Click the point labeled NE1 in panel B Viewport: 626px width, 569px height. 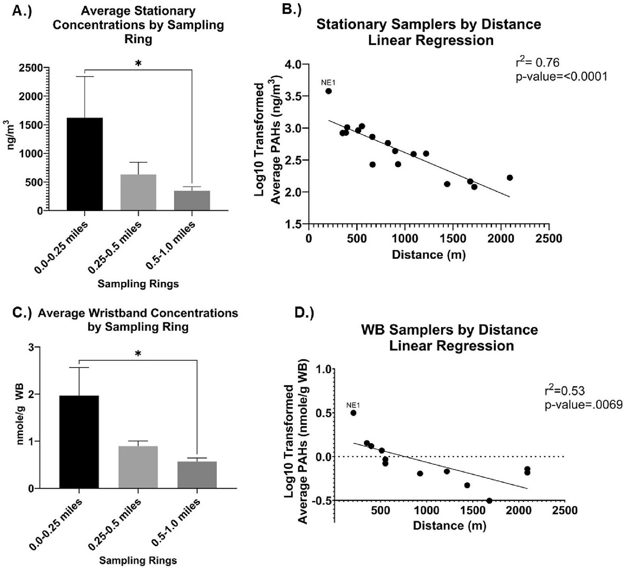point(328,91)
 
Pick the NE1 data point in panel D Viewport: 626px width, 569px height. point(353,413)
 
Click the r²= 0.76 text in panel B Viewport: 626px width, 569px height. point(537,63)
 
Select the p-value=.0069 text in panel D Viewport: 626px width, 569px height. point(583,405)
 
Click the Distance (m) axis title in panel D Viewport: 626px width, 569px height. point(449,525)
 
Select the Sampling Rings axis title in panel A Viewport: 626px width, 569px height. point(138,284)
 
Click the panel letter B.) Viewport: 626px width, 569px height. point(292,10)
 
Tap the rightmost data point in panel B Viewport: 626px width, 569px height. point(510,178)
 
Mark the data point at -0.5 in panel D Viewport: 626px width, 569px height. point(489,501)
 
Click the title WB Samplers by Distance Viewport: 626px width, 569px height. point(449,329)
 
